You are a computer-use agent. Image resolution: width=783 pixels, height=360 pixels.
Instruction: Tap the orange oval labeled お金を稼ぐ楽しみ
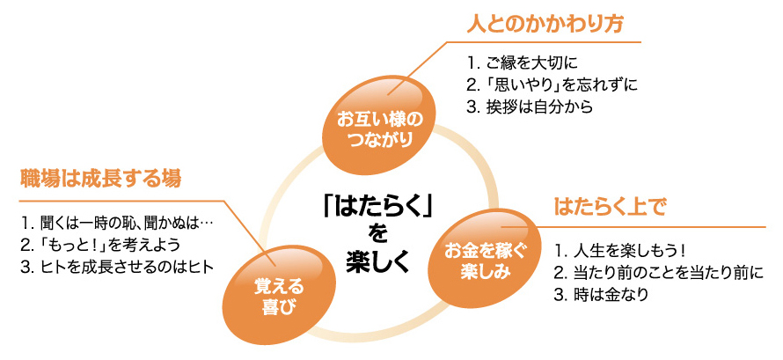tap(479, 258)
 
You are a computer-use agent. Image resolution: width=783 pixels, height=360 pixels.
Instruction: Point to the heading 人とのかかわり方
tap(545, 24)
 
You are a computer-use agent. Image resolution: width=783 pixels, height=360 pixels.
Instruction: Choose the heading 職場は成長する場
tap(100, 179)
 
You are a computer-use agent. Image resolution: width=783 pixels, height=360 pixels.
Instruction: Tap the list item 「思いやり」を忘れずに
tap(552, 84)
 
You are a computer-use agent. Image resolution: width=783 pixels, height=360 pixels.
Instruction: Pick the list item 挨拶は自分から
tap(531, 107)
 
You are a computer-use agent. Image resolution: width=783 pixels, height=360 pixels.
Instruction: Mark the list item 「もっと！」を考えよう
tap(100, 246)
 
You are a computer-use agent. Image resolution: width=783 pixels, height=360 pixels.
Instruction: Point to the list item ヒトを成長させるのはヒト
tap(117, 267)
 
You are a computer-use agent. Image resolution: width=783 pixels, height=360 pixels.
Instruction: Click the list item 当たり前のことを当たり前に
tap(659, 272)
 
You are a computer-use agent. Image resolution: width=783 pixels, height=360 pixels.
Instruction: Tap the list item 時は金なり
tap(602, 295)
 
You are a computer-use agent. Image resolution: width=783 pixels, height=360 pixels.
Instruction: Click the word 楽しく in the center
tap(378, 262)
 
